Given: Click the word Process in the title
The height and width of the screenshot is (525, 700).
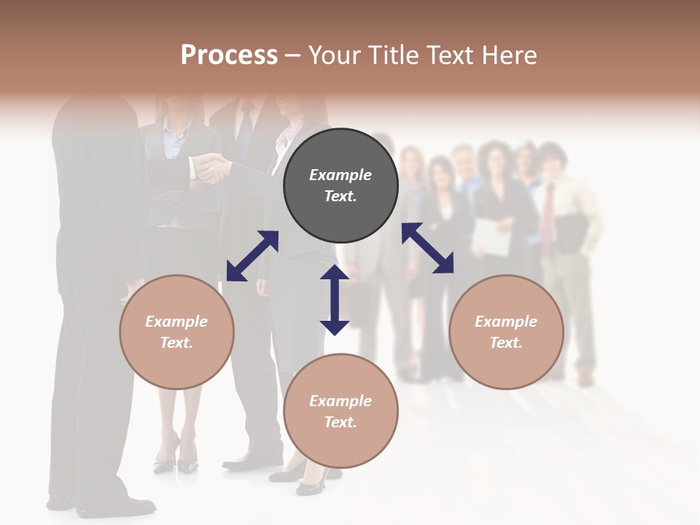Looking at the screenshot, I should tap(229, 55).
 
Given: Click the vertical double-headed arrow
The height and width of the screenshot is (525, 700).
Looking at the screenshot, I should tap(335, 300).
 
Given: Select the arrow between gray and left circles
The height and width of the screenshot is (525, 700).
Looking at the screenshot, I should tap(252, 256).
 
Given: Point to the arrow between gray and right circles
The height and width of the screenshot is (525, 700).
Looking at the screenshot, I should tap(428, 248).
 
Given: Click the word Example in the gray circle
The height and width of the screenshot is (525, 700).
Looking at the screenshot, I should tap(341, 175).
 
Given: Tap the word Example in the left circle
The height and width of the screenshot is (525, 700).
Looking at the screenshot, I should tap(176, 322).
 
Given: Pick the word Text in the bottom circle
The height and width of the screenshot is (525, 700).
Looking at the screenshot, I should tap(339, 422).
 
